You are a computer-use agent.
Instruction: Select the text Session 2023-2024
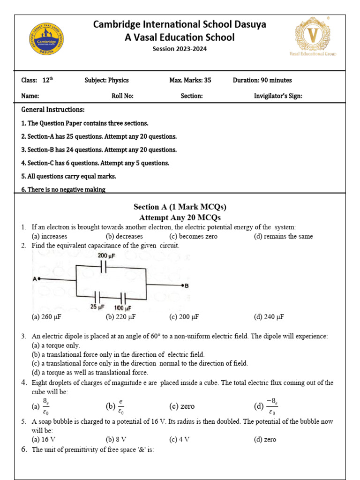180,49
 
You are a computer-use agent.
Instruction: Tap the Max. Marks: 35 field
190,80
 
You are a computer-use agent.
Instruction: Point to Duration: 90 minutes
262,80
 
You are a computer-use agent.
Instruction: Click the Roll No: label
122,96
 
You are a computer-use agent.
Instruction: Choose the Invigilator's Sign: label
278,96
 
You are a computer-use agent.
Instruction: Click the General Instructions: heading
53,110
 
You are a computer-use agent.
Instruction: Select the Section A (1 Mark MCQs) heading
180,207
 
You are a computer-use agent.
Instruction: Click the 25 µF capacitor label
97,307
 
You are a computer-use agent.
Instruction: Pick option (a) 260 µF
46,317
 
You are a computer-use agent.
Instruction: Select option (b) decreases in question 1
124,236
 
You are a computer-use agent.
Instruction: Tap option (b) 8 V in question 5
116,439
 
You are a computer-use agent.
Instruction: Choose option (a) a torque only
56,345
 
